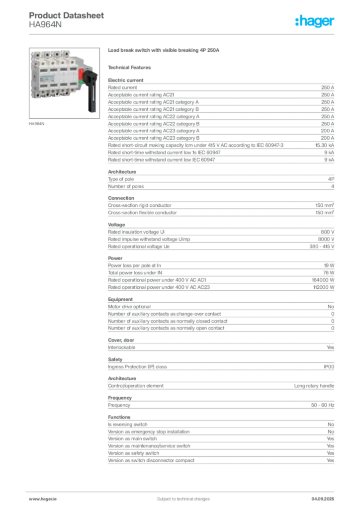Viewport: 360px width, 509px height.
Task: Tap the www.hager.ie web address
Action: pos(41,499)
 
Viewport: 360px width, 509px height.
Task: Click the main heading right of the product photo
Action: pos(164,51)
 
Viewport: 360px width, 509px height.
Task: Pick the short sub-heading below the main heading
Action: pos(131,67)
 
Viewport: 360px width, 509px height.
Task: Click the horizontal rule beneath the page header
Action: pos(183,33)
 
